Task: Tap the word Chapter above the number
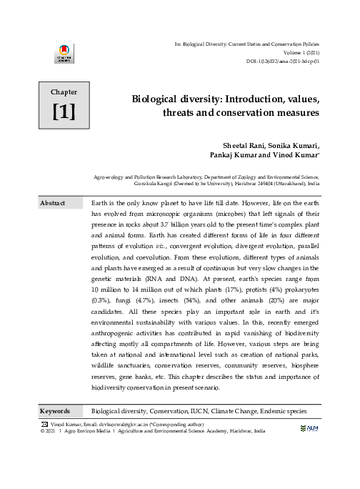(x=64, y=92)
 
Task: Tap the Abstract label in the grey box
(x=52, y=204)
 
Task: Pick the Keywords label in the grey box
(x=55, y=411)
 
